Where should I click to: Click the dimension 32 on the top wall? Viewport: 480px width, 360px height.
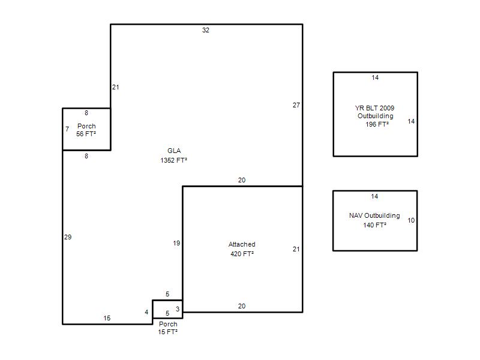pos(206,30)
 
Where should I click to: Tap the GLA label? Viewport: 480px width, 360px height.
pos(174,151)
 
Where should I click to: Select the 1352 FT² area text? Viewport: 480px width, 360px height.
pos(173,160)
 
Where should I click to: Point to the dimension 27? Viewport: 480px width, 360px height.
pos(296,105)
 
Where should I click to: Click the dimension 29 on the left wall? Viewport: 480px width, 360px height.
pos(68,237)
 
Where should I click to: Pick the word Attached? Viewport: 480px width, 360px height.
pos(242,244)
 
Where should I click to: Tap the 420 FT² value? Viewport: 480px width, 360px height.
pos(242,254)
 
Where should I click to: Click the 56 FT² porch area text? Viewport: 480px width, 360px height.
pos(86,134)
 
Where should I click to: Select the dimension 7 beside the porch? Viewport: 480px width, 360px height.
pos(67,129)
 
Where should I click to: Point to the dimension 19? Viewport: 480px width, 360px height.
pos(176,243)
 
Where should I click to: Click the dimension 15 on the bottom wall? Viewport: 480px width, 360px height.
pos(107,318)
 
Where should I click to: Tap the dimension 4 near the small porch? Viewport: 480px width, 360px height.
pos(146,312)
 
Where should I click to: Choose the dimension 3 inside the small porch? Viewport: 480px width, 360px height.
pos(178,309)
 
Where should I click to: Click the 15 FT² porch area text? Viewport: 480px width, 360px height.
pos(168,332)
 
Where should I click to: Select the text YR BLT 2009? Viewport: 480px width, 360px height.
pos(374,108)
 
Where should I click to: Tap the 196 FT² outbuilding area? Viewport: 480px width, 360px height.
pos(377,124)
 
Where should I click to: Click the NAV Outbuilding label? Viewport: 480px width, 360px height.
pos(374,215)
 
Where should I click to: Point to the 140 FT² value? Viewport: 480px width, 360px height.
pos(374,225)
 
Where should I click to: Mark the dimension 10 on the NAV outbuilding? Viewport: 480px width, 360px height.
pos(411,220)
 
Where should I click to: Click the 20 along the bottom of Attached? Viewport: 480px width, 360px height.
pos(242,306)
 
